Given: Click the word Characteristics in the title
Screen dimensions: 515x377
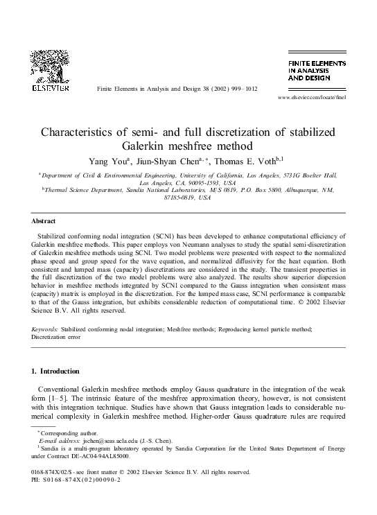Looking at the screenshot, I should click(x=84, y=132).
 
